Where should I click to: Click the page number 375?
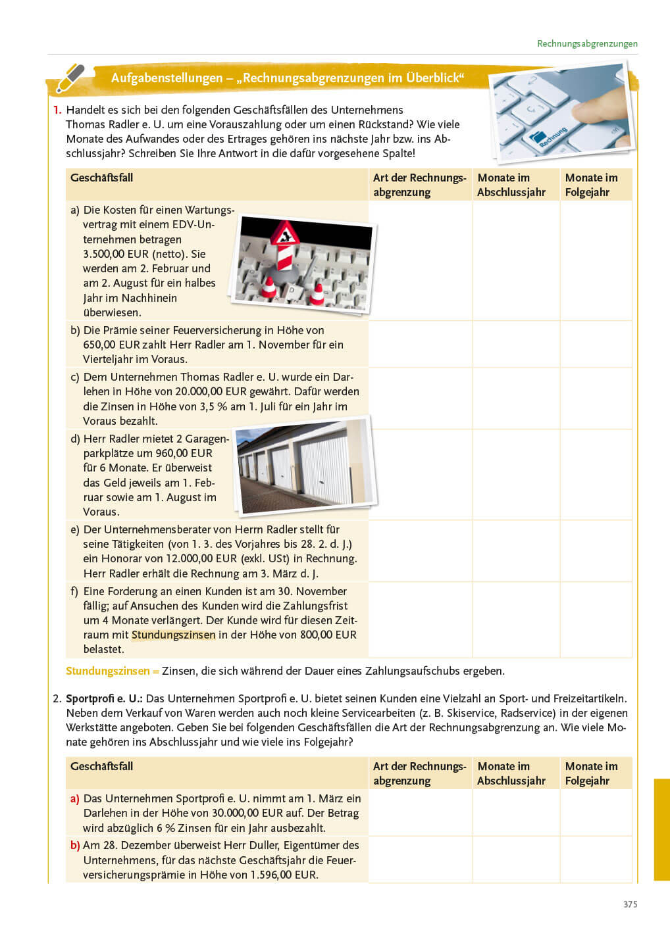(x=630, y=904)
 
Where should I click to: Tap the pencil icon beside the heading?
(x=70, y=78)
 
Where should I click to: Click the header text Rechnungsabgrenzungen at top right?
(x=587, y=43)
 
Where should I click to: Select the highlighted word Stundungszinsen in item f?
(x=173, y=635)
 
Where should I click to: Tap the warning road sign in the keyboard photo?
(x=286, y=233)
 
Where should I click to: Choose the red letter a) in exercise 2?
(x=75, y=798)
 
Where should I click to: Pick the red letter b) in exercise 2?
(x=75, y=845)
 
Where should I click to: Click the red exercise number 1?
(x=57, y=110)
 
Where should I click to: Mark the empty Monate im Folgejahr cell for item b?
(x=596, y=344)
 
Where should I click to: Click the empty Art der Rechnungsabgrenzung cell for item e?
(x=420, y=550)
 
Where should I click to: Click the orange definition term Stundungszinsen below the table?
(x=108, y=671)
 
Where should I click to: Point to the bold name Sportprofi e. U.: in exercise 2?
(x=104, y=698)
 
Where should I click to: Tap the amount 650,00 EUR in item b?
(x=111, y=345)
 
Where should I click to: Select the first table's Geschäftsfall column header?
(x=101, y=178)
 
